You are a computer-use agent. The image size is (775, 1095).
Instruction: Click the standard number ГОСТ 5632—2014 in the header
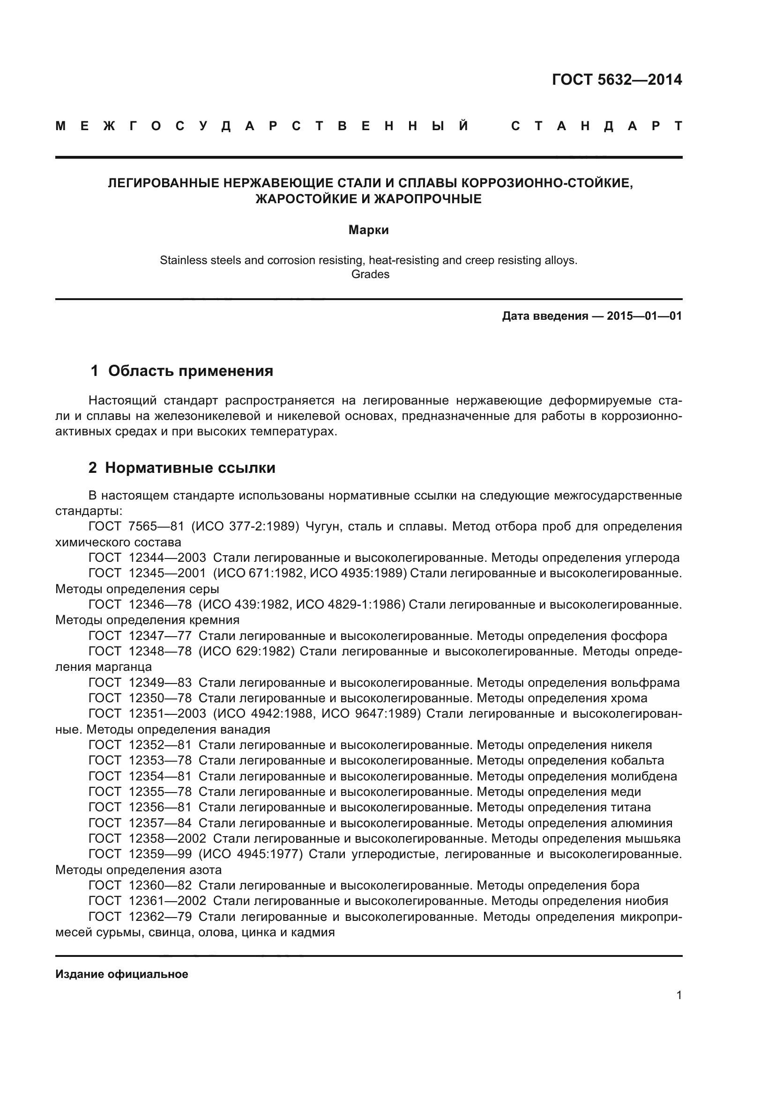click(x=617, y=80)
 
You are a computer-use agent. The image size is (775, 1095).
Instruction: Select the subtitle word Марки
click(x=368, y=230)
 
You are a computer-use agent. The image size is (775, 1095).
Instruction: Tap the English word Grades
click(x=370, y=274)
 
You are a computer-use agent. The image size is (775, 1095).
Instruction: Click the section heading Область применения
click(x=190, y=371)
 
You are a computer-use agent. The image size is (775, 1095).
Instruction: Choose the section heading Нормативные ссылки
click(x=190, y=468)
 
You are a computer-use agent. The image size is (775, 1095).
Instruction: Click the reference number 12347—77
click(x=160, y=636)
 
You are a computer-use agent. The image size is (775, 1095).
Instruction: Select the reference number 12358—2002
click(x=167, y=838)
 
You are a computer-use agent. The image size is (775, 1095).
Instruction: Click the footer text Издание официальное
click(x=122, y=974)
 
